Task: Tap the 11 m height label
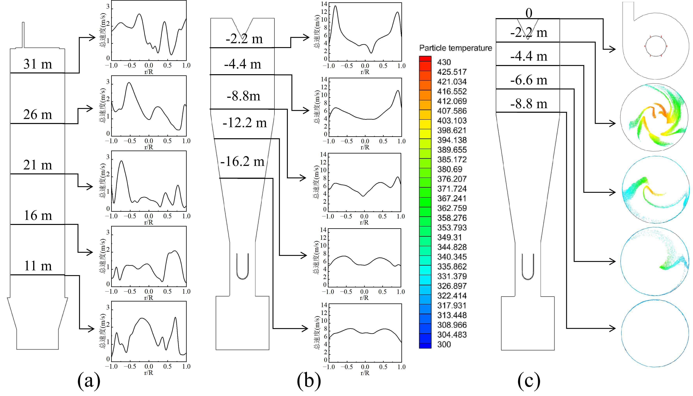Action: [x=38, y=266]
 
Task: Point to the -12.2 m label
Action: [x=245, y=123]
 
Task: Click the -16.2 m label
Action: [x=242, y=161]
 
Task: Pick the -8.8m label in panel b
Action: [x=243, y=96]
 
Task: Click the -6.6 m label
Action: [x=529, y=80]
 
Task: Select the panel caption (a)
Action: [x=89, y=381]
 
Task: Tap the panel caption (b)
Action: [x=309, y=381]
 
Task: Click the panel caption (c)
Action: [x=529, y=381]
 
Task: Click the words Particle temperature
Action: [x=456, y=48]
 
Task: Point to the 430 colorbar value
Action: [x=444, y=62]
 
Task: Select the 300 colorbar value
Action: [x=444, y=344]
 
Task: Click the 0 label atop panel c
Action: [x=529, y=13]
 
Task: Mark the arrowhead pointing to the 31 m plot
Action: [x=92, y=37]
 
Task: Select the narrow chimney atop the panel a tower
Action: [x=23, y=35]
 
